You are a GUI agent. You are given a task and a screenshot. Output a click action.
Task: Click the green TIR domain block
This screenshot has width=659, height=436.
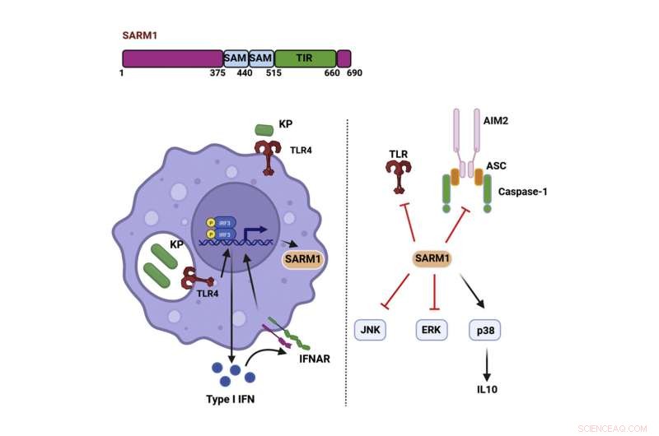(x=305, y=58)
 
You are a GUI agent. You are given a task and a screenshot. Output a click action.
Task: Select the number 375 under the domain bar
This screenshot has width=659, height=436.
(x=217, y=73)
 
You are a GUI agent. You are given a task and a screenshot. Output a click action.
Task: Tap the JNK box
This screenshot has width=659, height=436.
(x=370, y=330)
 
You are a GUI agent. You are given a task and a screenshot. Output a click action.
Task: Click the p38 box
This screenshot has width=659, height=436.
(x=485, y=330)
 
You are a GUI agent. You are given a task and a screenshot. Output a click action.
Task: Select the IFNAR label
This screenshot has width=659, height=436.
(x=306, y=359)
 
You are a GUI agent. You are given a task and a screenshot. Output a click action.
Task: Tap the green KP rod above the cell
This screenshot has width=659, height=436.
(x=264, y=130)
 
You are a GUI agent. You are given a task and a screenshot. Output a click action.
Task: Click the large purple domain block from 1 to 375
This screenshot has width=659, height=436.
(x=173, y=58)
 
